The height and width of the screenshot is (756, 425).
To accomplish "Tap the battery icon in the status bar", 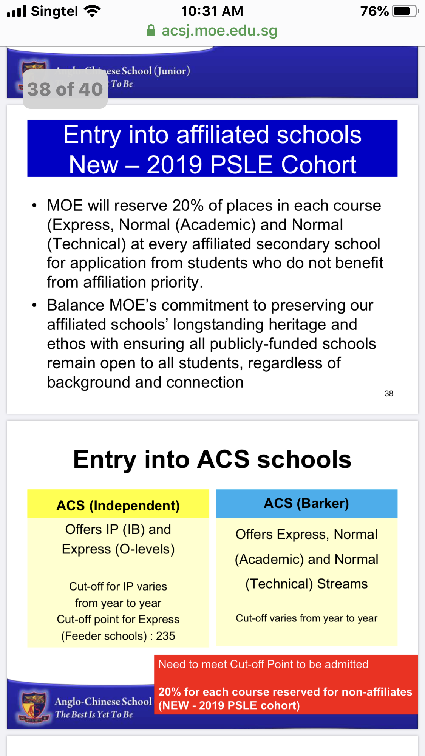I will pyautogui.click(x=405, y=11).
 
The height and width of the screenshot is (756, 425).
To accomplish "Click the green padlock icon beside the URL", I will pyautogui.click(x=151, y=31).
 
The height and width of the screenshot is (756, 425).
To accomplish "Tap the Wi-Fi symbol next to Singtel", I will pyautogui.click(x=93, y=11).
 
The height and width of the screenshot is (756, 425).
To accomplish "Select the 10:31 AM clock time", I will pyautogui.click(x=212, y=11).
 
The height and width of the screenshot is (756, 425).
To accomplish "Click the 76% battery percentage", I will pyautogui.click(x=374, y=11).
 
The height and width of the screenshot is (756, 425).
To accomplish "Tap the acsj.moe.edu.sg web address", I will pyautogui.click(x=219, y=31).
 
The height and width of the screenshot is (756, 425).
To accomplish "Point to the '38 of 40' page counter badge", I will pyautogui.click(x=65, y=89).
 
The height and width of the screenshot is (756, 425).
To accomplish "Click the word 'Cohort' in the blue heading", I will pyautogui.click(x=318, y=165).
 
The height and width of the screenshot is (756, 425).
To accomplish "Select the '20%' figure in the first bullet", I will pyautogui.click(x=188, y=206).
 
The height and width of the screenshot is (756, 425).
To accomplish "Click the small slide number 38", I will pyautogui.click(x=389, y=394).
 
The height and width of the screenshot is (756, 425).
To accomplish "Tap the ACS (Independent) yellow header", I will pyautogui.click(x=118, y=505).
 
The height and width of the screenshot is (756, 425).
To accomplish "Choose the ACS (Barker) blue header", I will pyautogui.click(x=306, y=503).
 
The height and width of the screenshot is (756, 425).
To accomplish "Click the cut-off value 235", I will pyautogui.click(x=165, y=636).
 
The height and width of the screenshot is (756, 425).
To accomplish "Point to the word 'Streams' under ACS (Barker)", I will pyautogui.click(x=342, y=584).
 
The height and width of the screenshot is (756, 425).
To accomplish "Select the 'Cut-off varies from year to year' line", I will pyautogui.click(x=306, y=618).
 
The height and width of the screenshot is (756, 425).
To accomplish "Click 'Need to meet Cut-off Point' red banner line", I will pyautogui.click(x=263, y=664).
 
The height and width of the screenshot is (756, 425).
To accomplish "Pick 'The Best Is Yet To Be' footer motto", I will pyautogui.click(x=94, y=714).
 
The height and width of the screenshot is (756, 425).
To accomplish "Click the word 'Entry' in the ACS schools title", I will pyautogui.click(x=105, y=459).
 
